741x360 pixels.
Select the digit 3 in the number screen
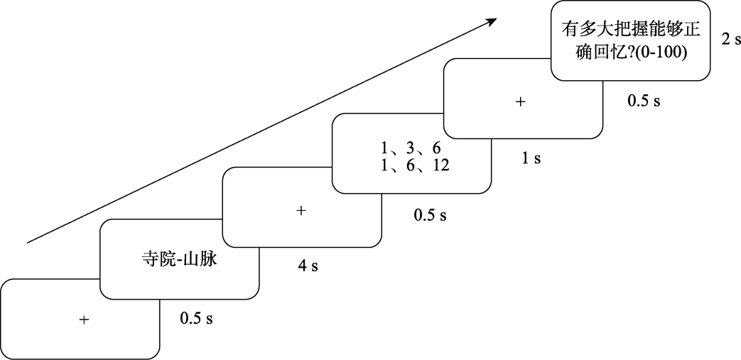click(410, 149)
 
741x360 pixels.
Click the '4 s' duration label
click(308, 266)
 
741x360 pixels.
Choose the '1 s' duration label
click(531, 158)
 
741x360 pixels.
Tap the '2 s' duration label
click(731, 40)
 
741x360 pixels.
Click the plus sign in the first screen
click(84, 320)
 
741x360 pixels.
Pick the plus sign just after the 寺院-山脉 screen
click(301, 211)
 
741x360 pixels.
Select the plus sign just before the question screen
click(520, 102)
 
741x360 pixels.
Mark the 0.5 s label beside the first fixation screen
click(197, 317)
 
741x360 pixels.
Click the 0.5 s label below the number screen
click(431, 214)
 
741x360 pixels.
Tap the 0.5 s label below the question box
click(644, 101)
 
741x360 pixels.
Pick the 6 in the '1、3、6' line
click(436, 149)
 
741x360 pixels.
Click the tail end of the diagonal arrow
click(28, 242)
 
